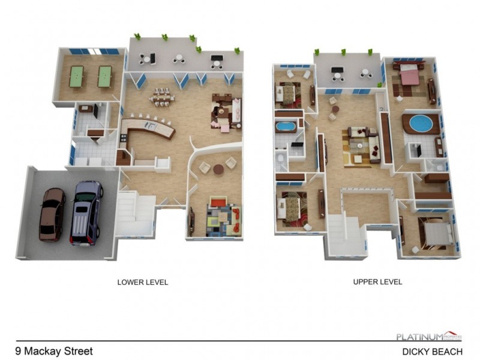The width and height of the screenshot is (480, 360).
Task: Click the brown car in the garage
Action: click(x=52, y=214)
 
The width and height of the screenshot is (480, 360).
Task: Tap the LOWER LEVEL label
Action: click(x=143, y=281)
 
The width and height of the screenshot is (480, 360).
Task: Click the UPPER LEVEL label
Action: click(x=378, y=281)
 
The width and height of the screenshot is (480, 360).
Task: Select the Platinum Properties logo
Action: click(x=428, y=337)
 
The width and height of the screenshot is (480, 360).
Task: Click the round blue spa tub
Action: click(x=421, y=125)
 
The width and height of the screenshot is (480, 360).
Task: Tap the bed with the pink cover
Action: click(x=409, y=76)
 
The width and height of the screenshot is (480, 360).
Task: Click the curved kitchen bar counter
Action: click(x=147, y=128)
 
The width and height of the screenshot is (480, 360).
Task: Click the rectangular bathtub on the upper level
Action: click(x=284, y=127)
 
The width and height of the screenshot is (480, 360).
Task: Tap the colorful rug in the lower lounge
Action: click(x=221, y=218)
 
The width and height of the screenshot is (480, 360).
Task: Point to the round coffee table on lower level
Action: click(x=218, y=169)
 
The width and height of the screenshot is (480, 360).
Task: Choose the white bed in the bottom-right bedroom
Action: click(x=433, y=230)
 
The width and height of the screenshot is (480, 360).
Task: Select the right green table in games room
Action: click(x=104, y=74)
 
